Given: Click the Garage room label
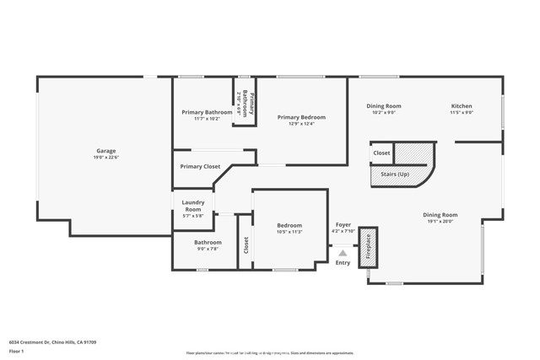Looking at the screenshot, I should pyautogui.click(x=105, y=151).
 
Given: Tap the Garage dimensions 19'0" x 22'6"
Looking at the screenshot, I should pyautogui.click(x=105, y=158).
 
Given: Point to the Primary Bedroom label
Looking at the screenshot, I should pyautogui.click(x=301, y=117).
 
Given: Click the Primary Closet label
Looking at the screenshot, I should pyautogui.click(x=200, y=167).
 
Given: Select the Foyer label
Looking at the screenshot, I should pyautogui.click(x=343, y=225).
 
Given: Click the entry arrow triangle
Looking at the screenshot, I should pyautogui.click(x=343, y=250).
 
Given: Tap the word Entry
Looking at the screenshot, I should pyautogui.click(x=343, y=262).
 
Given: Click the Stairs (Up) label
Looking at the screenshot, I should pyautogui.click(x=395, y=174).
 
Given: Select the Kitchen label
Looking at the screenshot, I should pyautogui.click(x=462, y=106).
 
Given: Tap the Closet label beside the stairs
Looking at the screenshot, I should pyautogui.click(x=381, y=153).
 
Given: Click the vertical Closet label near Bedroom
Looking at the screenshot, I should pyautogui.click(x=246, y=245).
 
